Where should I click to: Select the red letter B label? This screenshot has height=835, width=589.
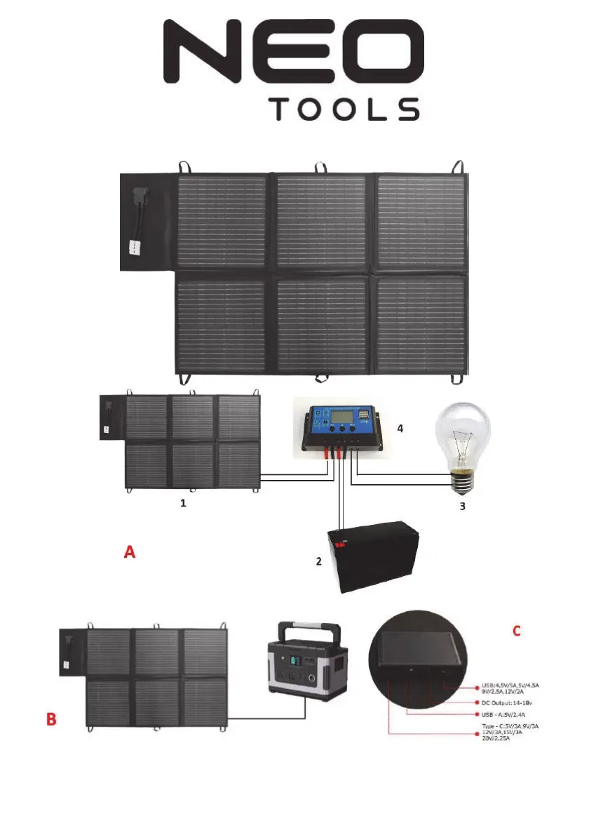coord(51,721)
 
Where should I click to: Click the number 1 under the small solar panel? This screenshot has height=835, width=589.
coord(184,503)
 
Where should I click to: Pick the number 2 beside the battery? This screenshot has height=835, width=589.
coord(318,562)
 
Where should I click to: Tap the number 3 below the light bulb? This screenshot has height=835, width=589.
coord(461,505)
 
